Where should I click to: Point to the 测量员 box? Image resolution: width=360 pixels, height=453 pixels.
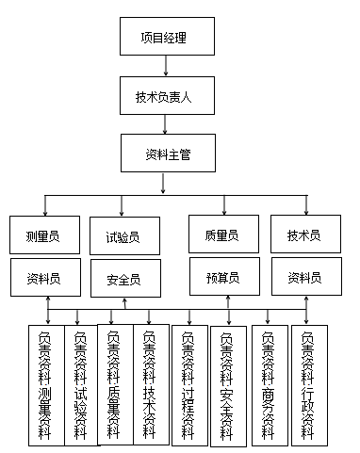click(43, 235)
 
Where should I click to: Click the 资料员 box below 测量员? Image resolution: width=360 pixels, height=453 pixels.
click(43, 278)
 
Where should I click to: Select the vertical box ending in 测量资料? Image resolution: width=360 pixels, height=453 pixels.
click(45, 384)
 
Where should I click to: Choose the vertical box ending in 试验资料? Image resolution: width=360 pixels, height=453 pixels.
click(80, 384)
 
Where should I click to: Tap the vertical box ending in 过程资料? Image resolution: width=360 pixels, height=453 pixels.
click(189, 384)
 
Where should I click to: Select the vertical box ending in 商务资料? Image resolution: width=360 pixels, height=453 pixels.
click(270, 384)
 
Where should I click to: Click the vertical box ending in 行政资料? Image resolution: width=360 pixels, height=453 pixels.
click(308, 384)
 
